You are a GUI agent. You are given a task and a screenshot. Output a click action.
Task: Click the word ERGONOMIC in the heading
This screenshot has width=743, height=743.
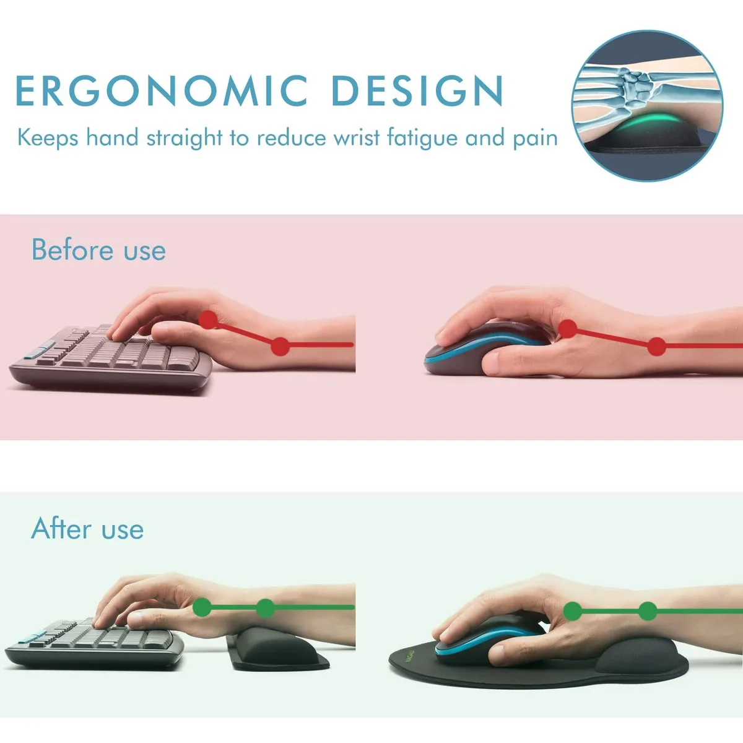(161, 90)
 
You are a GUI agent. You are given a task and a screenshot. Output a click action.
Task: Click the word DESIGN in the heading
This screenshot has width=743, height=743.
(417, 90)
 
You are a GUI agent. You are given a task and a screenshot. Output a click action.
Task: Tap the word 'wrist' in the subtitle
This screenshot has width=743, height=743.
(356, 137)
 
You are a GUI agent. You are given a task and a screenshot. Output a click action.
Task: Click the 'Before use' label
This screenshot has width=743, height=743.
(98, 250)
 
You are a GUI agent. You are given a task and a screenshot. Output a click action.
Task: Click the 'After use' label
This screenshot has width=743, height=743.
(87, 528)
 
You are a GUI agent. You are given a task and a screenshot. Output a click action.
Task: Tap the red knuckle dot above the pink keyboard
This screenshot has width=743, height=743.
(209, 319)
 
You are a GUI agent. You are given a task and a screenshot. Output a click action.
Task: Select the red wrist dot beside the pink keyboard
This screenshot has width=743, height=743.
(280, 346)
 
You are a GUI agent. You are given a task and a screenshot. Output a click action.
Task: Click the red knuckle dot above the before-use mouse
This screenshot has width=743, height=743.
(568, 329)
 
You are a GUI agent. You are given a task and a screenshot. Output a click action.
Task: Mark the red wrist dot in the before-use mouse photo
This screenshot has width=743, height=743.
(657, 346)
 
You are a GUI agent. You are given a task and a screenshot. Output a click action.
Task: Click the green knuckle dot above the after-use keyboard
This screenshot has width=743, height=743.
(202, 607)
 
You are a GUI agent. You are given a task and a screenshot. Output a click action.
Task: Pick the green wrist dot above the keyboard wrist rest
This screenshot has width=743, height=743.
(266, 608)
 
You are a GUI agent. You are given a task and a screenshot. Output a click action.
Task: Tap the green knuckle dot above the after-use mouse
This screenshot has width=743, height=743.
(573, 610)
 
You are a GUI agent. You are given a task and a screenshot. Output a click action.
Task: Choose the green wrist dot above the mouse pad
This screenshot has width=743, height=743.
(648, 611)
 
